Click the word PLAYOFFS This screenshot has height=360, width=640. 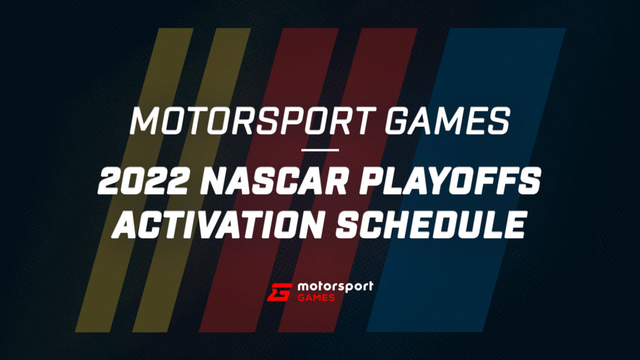pyautogui.click(x=452, y=184)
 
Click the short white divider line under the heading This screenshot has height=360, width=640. pyautogui.click(x=320, y=150)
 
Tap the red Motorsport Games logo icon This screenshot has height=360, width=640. pyautogui.click(x=279, y=292)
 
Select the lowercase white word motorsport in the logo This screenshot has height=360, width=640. pyautogui.click(x=336, y=286)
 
